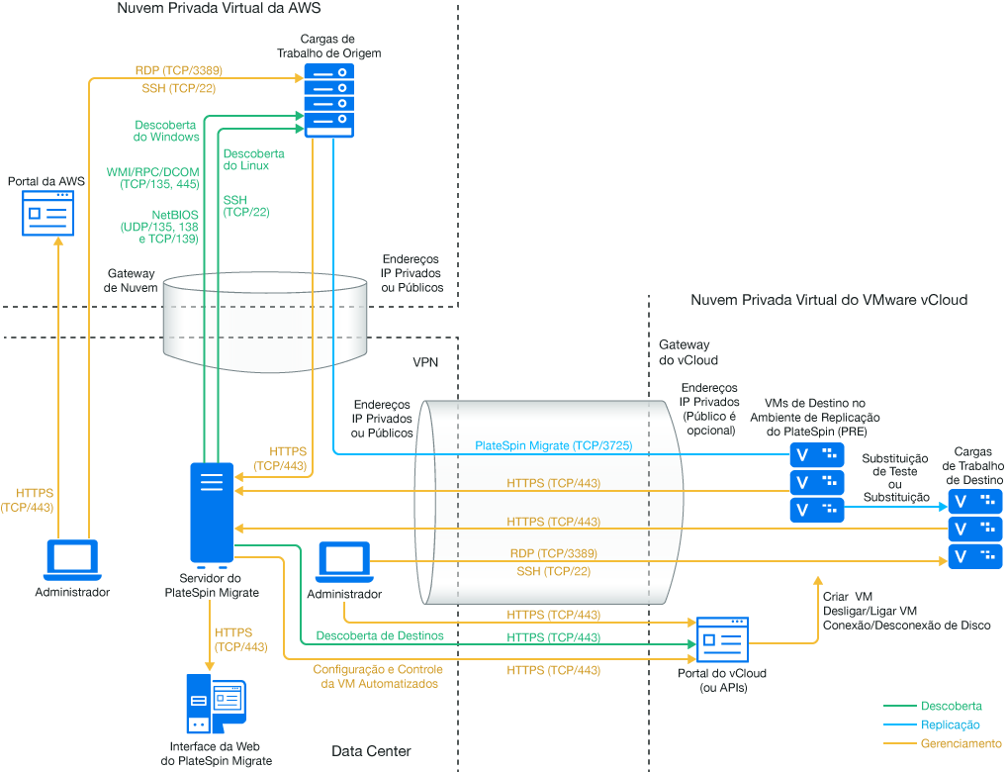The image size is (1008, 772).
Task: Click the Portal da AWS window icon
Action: pos(47,213)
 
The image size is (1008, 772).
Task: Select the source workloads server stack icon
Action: pos(328,100)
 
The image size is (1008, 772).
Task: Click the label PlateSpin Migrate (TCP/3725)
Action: pos(553,446)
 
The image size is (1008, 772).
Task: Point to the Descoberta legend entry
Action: pos(951,706)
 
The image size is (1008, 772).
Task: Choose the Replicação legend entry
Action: pos(950,724)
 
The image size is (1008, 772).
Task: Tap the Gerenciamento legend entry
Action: pos(961,743)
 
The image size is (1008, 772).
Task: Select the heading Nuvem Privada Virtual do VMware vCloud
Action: pos(829,299)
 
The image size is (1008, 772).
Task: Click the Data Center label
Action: pos(371,751)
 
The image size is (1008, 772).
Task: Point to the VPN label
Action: pos(425,362)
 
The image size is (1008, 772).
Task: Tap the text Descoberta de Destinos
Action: pos(379,634)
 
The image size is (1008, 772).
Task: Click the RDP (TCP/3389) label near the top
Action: pos(178,71)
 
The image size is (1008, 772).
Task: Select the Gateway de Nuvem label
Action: pos(131,280)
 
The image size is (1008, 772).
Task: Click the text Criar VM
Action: pos(848,597)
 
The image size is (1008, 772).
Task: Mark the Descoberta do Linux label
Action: pos(253,160)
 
